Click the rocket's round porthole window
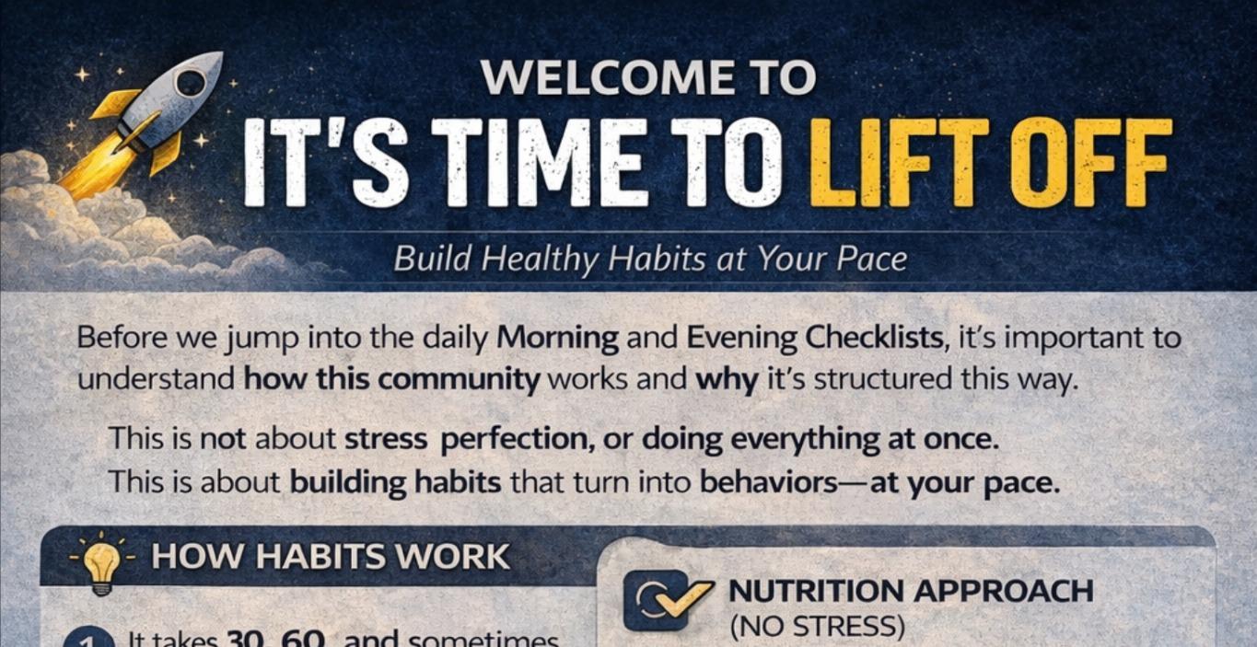pos(192,84)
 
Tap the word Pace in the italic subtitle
pos(871,259)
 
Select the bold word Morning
pos(558,338)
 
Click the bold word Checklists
pos(875,338)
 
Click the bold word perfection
pos(517,438)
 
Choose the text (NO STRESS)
pos(816,627)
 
